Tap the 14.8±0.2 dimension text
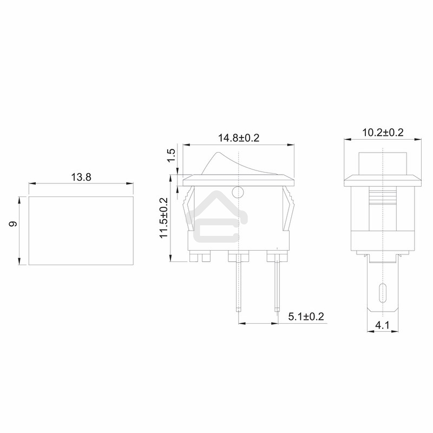(x=239, y=138)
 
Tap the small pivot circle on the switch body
(x=237, y=191)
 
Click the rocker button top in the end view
(x=383, y=162)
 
